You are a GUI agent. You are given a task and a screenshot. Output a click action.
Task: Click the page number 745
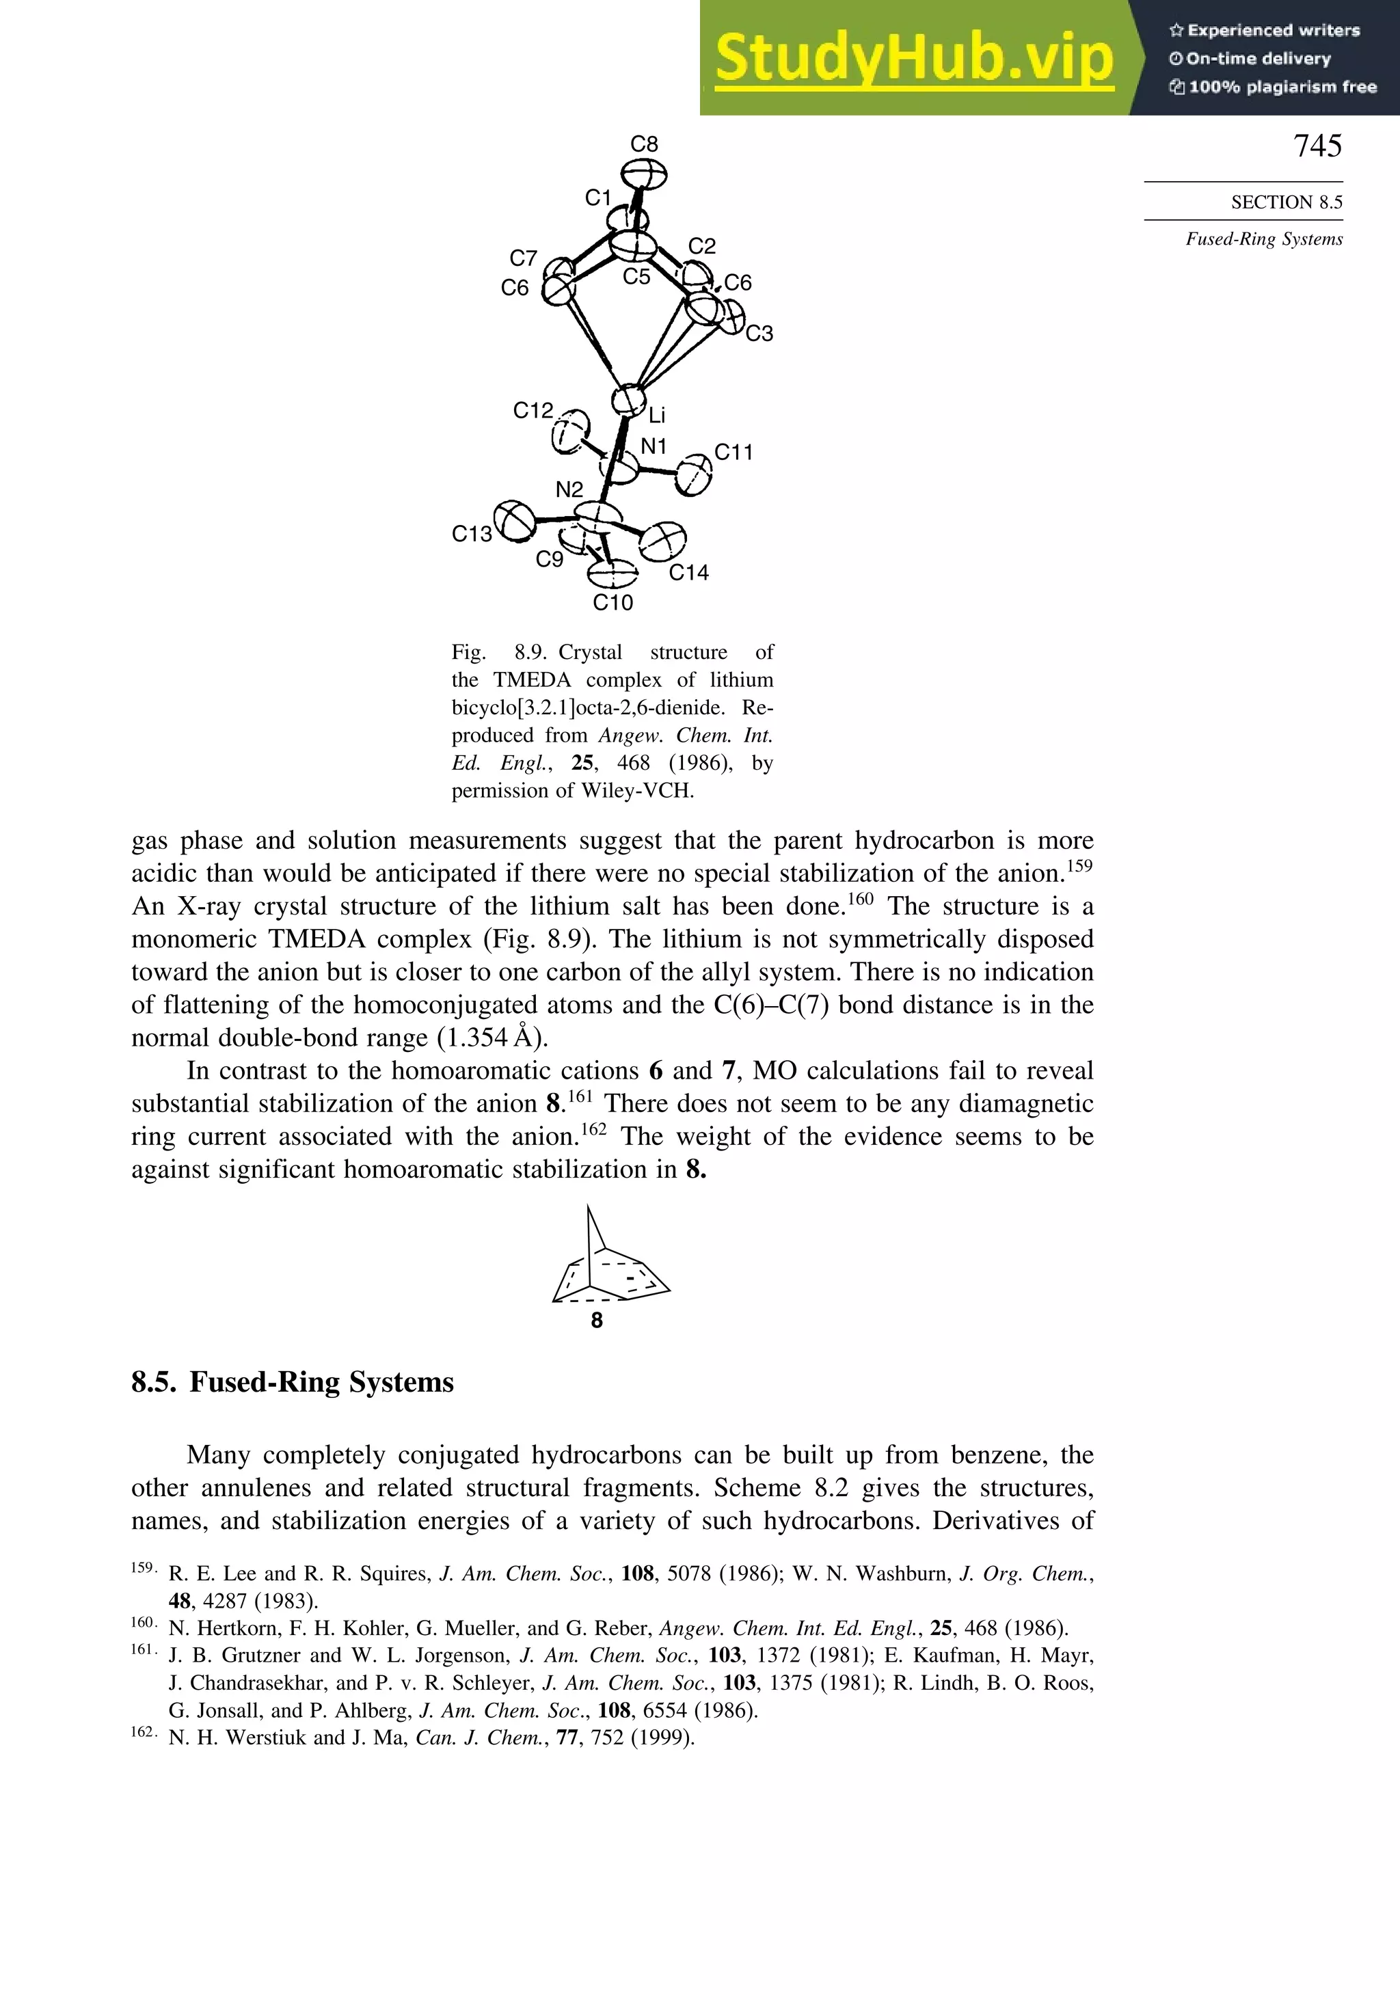pos(1317,146)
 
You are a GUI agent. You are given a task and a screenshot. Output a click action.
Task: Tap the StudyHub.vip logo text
pos(914,59)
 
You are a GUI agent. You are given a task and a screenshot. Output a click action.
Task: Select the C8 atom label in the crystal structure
pos(644,144)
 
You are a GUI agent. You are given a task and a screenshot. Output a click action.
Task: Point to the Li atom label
pos(657,416)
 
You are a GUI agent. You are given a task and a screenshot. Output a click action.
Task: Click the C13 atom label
pos(471,534)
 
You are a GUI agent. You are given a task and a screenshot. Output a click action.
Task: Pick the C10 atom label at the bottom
pos(612,603)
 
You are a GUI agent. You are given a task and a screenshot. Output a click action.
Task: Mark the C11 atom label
pos(733,452)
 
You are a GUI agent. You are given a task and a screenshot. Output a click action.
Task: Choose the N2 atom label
pos(569,490)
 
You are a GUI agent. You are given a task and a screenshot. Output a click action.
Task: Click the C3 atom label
pos(759,334)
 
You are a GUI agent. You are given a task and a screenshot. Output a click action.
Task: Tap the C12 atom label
pos(533,410)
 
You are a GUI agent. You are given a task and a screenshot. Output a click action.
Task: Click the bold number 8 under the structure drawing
pos(597,1321)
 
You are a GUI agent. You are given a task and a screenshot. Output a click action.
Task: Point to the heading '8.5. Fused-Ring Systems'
pos(293,1382)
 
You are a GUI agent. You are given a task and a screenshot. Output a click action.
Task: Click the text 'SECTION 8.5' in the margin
pos(1286,202)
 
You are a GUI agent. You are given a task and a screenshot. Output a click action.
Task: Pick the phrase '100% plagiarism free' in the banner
pos(1280,87)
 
